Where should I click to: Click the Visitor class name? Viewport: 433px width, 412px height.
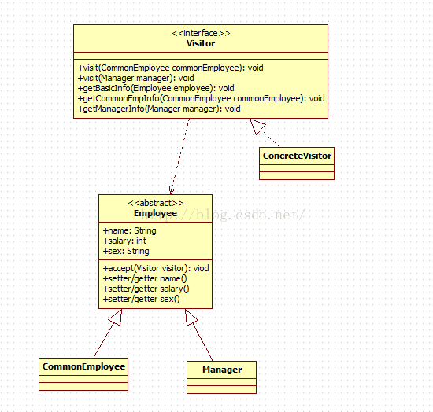(x=201, y=43)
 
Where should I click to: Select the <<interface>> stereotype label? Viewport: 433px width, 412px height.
(x=201, y=33)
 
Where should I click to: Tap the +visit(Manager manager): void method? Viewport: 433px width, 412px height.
(x=135, y=78)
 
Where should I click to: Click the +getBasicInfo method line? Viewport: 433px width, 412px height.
(x=156, y=88)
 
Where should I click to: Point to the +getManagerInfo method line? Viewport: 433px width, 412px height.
(x=159, y=109)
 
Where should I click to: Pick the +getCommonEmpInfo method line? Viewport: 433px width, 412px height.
(x=201, y=98)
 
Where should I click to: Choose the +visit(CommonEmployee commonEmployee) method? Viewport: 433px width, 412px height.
(x=170, y=68)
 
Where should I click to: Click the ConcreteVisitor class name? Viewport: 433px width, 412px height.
(x=297, y=156)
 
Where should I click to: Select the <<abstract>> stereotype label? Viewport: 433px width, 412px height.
(x=155, y=203)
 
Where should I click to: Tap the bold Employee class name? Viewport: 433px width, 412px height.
(x=155, y=213)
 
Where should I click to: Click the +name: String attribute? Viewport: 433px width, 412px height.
(x=130, y=230)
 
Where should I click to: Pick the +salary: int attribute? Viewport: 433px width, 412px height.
(x=124, y=241)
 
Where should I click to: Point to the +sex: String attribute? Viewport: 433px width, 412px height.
(x=126, y=251)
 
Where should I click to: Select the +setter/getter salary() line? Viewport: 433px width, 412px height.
(x=146, y=289)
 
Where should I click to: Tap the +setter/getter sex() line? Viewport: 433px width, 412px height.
(x=142, y=299)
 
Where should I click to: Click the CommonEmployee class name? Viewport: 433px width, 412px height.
(x=83, y=366)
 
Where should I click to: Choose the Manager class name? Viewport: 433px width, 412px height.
(x=222, y=370)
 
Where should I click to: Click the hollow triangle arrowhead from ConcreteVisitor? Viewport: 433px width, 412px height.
(x=257, y=126)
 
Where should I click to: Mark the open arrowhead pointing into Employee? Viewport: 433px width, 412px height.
(x=172, y=190)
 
